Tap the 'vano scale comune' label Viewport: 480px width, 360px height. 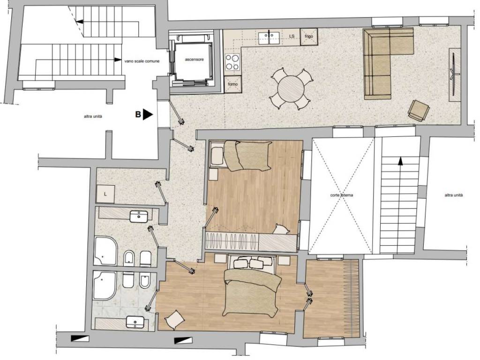pyautogui.click(x=142, y=60)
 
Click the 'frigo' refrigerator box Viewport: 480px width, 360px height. pyautogui.click(x=308, y=36)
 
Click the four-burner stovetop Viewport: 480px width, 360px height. pyautogui.click(x=232, y=62)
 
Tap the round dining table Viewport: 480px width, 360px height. pyautogui.click(x=291, y=88)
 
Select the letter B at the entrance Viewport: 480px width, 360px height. pyautogui.click(x=138, y=114)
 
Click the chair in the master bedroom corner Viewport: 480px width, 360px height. pyautogui.click(x=173, y=320)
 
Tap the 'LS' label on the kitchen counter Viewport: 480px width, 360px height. pyautogui.click(x=292, y=36)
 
